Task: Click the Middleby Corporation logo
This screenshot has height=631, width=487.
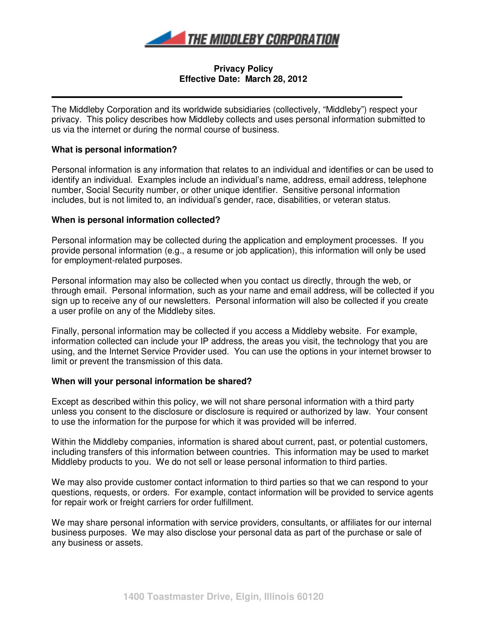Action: [x=242, y=39]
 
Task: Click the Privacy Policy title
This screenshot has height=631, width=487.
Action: [x=243, y=69]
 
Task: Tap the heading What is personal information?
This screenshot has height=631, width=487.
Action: [x=114, y=150]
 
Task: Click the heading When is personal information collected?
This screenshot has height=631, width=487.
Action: [x=136, y=220]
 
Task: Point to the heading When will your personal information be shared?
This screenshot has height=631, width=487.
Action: [x=151, y=381]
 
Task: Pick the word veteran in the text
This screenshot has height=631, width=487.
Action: [x=347, y=200]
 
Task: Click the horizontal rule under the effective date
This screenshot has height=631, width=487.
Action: [x=227, y=97]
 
